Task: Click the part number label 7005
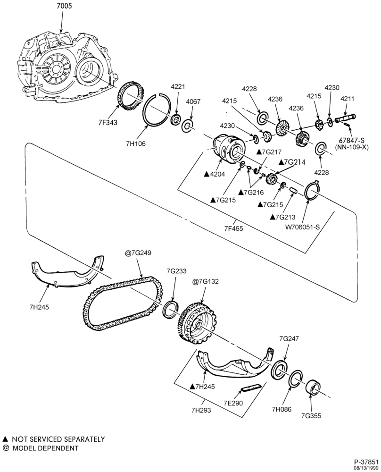point(64,6)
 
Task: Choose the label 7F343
point(107,123)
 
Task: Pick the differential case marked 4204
point(230,149)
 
